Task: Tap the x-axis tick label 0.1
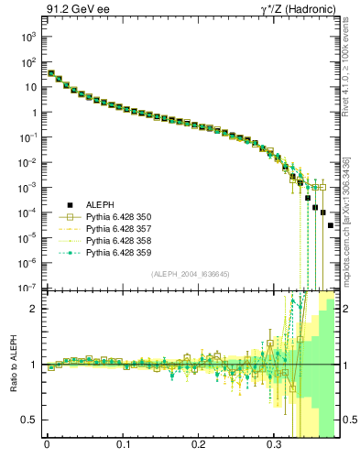coord(123,449)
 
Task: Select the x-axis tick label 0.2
coord(199,449)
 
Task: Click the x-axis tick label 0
coord(47,449)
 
